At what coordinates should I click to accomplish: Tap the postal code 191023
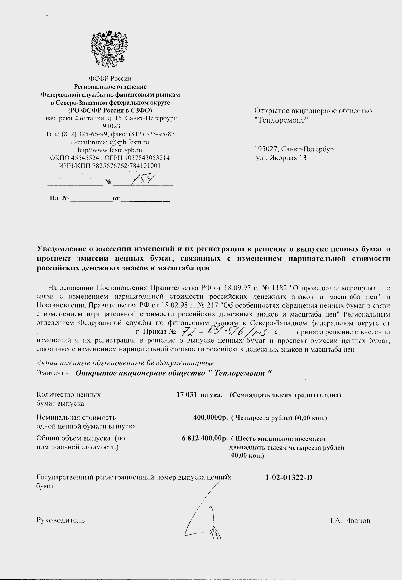(x=110, y=126)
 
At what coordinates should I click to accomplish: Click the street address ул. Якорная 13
(x=281, y=158)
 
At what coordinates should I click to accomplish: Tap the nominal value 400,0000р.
(x=210, y=417)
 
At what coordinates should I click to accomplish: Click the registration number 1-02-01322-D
(x=289, y=477)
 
